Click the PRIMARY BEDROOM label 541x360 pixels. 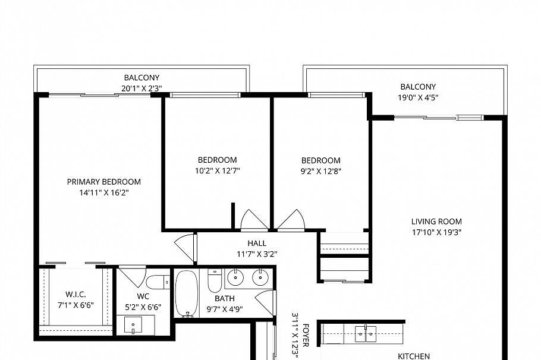(103, 182)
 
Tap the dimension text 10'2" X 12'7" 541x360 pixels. (217, 171)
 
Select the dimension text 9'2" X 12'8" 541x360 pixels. (320, 171)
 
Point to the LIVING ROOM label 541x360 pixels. (436, 222)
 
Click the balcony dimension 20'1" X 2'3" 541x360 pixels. (141, 89)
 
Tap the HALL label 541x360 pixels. (257, 243)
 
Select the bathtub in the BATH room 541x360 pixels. (186, 294)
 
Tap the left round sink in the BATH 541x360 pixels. (237, 277)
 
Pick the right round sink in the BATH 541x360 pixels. (260, 277)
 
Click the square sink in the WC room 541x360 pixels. (132, 325)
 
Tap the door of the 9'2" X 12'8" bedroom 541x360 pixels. (291, 220)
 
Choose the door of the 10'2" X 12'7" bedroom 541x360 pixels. (254, 220)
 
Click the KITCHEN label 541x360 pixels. (413, 356)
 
